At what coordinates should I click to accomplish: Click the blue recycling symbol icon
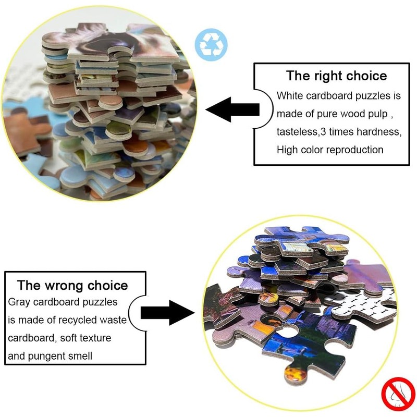pos(211,45)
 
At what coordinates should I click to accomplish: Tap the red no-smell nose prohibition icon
pos(398,394)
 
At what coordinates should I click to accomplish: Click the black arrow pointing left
pos(232,109)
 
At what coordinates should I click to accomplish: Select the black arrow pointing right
pos(167,312)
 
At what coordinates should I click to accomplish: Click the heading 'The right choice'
pos(336,76)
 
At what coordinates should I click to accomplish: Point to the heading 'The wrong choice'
pos(72,285)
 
